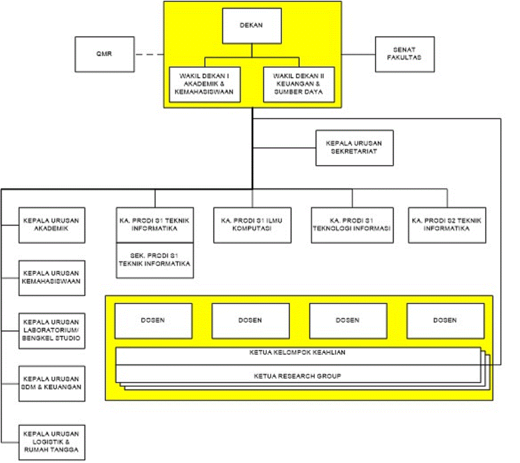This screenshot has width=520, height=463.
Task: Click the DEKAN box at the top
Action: click(252, 26)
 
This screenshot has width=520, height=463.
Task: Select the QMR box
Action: click(104, 54)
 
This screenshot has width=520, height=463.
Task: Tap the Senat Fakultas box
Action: click(404, 54)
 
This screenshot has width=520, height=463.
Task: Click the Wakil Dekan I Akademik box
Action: click(205, 84)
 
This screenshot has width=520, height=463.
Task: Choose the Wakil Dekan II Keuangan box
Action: click(299, 84)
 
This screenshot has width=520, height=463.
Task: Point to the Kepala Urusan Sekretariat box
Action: click(354, 148)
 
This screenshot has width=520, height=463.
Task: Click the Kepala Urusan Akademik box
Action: click(52, 225)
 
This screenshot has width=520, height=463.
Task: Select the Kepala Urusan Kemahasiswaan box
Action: click(52, 278)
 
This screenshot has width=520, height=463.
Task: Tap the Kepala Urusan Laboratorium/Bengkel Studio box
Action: click(52, 331)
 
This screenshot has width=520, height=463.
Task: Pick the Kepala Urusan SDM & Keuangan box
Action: click(52, 383)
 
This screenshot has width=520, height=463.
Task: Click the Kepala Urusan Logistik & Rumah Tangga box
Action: click(52, 442)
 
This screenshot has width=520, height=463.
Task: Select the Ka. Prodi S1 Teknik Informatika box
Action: click(155, 225)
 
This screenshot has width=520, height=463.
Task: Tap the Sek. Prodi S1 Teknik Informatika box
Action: click(155, 260)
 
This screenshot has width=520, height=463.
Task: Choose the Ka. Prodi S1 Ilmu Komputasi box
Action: click(252, 225)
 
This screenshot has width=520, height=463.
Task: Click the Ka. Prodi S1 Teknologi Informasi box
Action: click(352, 225)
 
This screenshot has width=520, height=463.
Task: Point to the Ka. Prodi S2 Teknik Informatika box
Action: click(447, 225)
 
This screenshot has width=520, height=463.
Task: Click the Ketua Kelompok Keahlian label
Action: click(298, 353)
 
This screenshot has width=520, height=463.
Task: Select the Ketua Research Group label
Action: click(298, 376)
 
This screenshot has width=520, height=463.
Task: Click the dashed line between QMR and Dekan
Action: click(149, 55)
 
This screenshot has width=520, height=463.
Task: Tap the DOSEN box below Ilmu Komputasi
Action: click(250, 320)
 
